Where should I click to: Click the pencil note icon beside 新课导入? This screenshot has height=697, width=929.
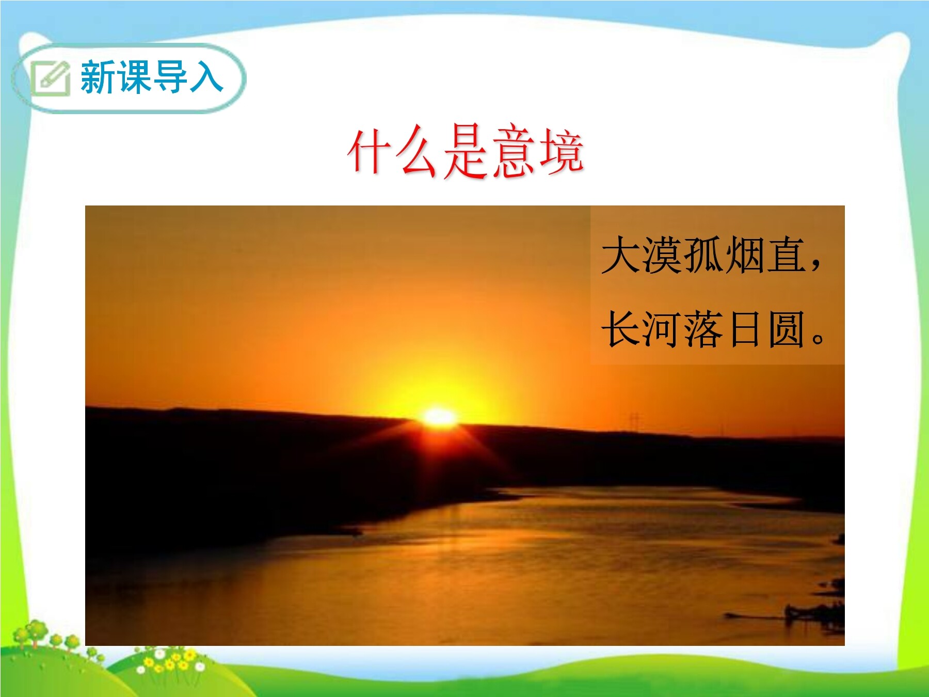click(x=51, y=77)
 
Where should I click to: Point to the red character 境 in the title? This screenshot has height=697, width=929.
click(x=561, y=151)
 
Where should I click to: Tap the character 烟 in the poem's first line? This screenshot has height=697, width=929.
click(x=745, y=255)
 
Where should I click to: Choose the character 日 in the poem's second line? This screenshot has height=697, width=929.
click(x=745, y=329)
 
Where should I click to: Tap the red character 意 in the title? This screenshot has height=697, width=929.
click(x=514, y=151)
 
